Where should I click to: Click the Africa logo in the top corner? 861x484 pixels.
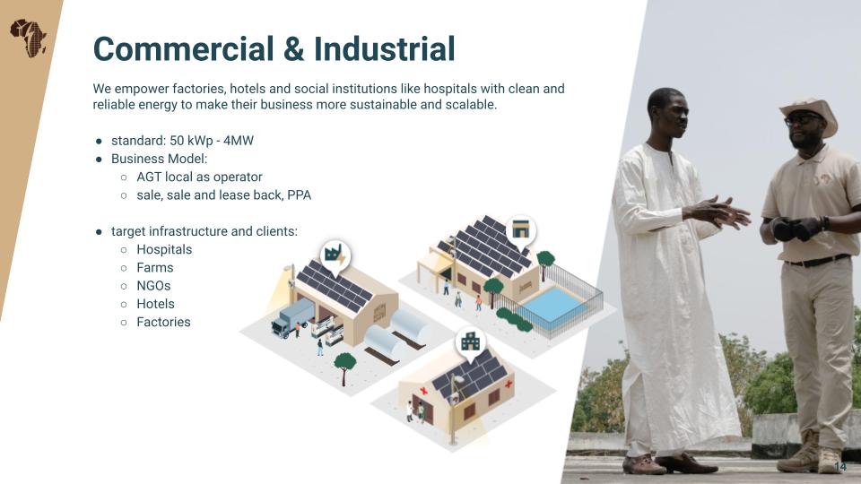[x=28, y=38]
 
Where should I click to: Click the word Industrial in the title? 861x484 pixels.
[x=385, y=48]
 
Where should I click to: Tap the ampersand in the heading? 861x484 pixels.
[x=294, y=48]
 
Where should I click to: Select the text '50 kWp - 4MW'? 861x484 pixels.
[x=212, y=141]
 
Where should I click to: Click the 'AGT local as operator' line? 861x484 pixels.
[x=199, y=177]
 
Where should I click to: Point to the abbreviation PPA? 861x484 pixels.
[x=300, y=194]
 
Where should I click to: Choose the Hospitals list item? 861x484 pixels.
[x=164, y=250]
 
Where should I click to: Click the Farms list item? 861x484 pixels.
[x=155, y=268]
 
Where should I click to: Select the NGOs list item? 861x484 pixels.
[x=153, y=286]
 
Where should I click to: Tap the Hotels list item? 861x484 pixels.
[x=155, y=304]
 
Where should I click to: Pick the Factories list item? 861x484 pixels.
[x=163, y=322]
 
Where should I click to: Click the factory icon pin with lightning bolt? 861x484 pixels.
[x=335, y=257]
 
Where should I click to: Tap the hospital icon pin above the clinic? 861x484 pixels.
[x=471, y=342]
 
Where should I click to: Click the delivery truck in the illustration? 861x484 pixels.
[x=292, y=318]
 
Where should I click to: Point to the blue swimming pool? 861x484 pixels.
[x=553, y=305]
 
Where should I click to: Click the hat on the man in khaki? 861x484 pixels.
[x=810, y=113]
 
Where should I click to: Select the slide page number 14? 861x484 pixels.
[x=840, y=466]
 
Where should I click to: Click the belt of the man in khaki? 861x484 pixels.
[x=818, y=261]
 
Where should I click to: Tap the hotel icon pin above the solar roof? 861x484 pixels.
[x=520, y=230]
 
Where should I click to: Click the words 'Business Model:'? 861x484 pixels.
[x=160, y=159]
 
